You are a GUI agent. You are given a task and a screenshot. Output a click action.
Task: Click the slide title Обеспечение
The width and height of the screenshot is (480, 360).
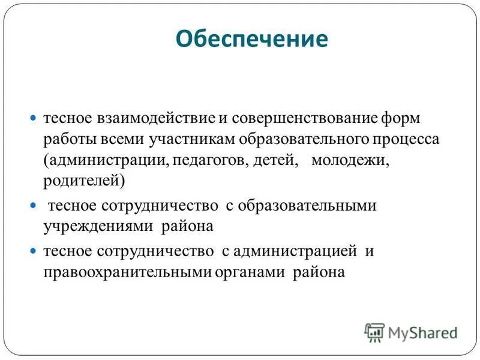pos(252,40)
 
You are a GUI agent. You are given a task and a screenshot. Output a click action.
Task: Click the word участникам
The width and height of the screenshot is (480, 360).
pos(191,139)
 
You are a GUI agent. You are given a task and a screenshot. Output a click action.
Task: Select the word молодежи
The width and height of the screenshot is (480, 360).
pos(350,161)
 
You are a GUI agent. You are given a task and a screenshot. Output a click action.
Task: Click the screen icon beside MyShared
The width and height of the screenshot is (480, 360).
pos(374,332)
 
